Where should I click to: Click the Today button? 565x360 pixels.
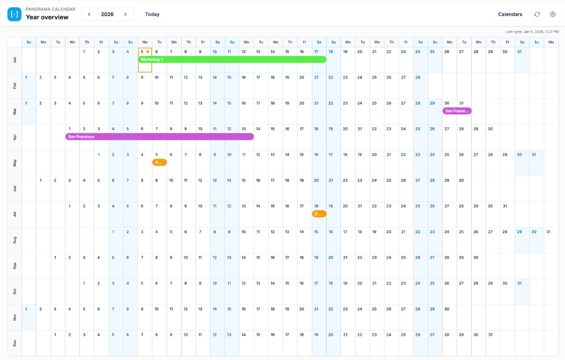click(x=152, y=14)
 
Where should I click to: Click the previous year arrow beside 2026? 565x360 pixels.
click(x=89, y=14)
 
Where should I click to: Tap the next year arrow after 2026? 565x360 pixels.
click(x=126, y=14)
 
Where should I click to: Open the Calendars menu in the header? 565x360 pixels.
click(x=510, y=14)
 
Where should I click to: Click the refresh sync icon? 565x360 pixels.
click(x=537, y=14)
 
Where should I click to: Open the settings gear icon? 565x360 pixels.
click(x=552, y=14)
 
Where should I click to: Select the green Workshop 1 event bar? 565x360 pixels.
click(x=232, y=59)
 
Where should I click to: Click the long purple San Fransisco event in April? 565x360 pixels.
click(x=159, y=136)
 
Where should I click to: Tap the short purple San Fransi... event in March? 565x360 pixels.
click(x=457, y=111)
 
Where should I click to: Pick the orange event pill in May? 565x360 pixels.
click(x=159, y=162)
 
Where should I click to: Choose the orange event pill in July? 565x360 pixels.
click(x=319, y=214)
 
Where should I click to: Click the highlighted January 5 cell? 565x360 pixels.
click(x=145, y=60)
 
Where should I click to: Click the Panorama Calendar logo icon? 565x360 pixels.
click(x=14, y=14)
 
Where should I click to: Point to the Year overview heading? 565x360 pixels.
click(x=47, y=17)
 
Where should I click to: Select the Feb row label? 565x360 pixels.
click(x=14, y=86)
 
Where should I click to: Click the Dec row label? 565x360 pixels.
click(x=14, y=343)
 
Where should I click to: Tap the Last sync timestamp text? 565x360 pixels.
click(x=532, y=31)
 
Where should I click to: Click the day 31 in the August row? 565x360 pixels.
click(x=548, y=232)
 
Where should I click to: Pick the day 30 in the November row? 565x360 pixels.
click(x=447, y=309)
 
